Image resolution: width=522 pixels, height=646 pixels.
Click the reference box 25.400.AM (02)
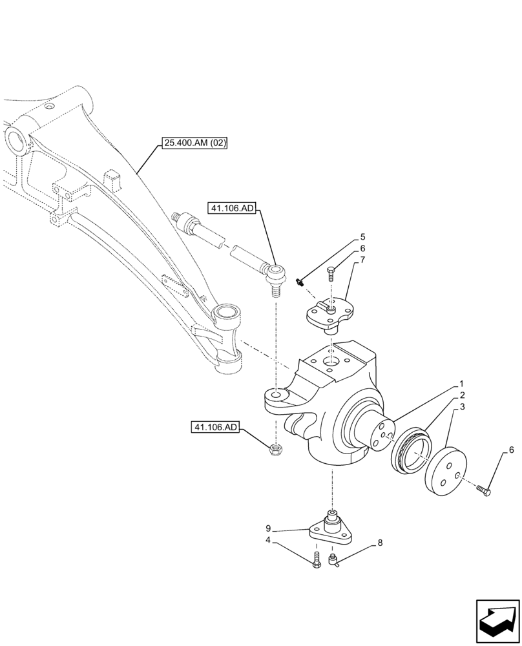click(x=194, y=143)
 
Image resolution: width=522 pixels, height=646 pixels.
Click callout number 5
click(x=362, y=237)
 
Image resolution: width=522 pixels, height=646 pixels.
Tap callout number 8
click(x=380, y=543)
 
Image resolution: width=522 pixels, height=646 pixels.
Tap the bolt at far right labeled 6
click(x=483, y=492)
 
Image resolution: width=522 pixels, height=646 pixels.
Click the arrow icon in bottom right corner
click(x=497, y=620)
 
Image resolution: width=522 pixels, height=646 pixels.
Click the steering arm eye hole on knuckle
click(x=276, y=394)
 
